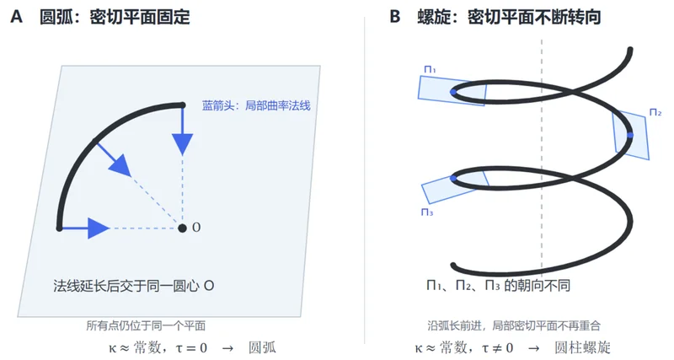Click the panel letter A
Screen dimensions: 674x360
tap(16, 17)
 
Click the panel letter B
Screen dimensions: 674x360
tap(394, 17)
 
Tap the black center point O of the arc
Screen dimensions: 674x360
tap(182, 228)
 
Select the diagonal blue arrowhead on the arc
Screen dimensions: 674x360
tap(120, 166)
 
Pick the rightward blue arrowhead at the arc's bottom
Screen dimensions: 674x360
tap(99, 228)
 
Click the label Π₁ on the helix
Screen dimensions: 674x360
tap(430, 70)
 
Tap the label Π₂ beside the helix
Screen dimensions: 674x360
tap(655, 113)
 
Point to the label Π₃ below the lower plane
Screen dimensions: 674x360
tap(427, 212)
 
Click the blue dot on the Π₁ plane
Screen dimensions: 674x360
tap(453, 92)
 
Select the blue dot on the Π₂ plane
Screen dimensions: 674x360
tap(630, 135)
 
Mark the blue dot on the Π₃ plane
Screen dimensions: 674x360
tap(453, 178)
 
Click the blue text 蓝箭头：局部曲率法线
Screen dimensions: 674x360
tap(256, 105)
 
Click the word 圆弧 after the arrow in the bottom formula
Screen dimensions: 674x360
tap(262, 347)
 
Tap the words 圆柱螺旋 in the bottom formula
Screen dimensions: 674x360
tap(582, 347)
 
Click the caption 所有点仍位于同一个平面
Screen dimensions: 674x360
tap(146, 325)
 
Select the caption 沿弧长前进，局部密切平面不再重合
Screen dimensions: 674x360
tap(514, 325)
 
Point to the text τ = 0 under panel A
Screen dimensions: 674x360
tap(191, 347)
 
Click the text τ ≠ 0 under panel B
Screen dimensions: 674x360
tap(498, 347)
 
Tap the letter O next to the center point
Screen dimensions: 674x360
tap(196, 228)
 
